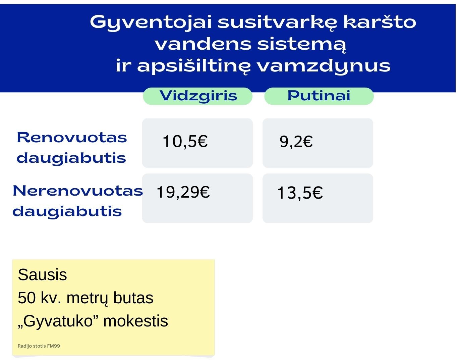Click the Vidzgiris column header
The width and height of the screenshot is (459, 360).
click(198, 96)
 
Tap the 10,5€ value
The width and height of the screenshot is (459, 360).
click(185, 141)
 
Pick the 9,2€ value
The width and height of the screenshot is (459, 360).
click(296, 142)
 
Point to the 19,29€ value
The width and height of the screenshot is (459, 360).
click(183, 192)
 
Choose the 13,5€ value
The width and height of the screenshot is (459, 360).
click(300, 193)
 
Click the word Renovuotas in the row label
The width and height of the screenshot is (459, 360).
click(72, 138)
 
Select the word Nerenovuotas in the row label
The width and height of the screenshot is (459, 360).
click(78, 191)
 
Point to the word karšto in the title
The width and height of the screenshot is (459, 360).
click(380, 22)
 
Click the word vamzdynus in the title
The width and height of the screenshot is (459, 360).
click(324, 66)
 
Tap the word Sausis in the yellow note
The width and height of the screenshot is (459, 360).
click(43, 275)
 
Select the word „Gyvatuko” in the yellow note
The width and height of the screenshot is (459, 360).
click(58, 321)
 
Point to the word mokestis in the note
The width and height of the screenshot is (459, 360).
click(135, 321)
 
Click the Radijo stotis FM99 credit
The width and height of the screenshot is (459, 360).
click(39, 346)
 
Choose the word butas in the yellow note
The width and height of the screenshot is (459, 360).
click(133, 298)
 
